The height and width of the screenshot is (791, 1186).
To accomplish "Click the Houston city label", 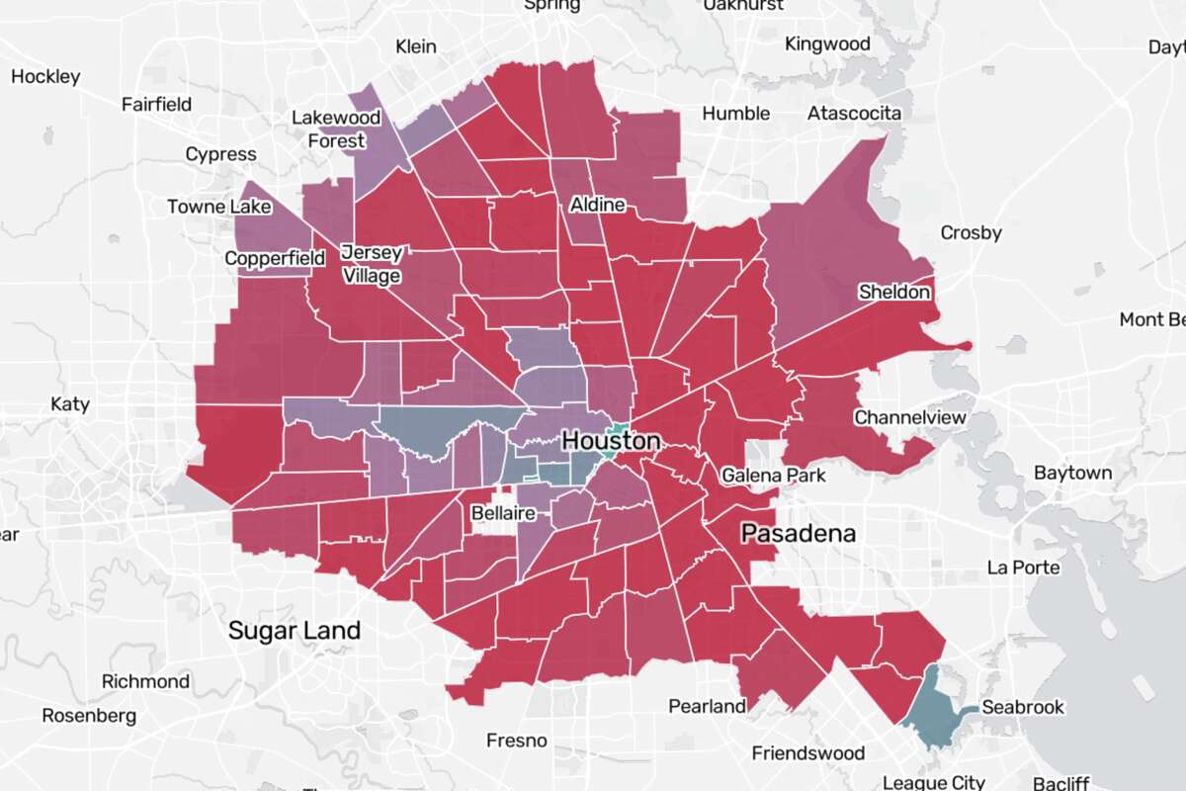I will (x=611, y=441).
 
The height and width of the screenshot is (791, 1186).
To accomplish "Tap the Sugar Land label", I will (x=295, y=630).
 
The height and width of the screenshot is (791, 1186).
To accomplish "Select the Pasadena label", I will (x=799, y=534).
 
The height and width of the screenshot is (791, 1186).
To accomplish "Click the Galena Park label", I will (x=773, y=476).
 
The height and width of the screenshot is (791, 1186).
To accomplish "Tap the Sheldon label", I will (x=893, y=292).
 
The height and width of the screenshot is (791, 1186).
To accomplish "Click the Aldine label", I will (x=597, y=205).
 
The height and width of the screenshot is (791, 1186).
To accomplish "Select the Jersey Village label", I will (x=371, y=263).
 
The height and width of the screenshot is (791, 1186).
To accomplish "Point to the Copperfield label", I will (x=275, y=258).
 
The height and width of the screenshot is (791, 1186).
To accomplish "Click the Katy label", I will (x=69, y=403).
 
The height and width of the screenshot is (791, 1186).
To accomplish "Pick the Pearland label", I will (x=707, y=706).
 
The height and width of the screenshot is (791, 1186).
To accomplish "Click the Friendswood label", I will (x=807, y=753).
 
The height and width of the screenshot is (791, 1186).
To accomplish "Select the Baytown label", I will (x=1072, y=473).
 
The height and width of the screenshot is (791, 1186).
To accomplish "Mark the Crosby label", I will (x=971, y=233).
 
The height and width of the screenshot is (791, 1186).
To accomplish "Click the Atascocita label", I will (x=854, y=114).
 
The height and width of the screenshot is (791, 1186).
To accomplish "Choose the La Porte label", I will (x=1024, y=568).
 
